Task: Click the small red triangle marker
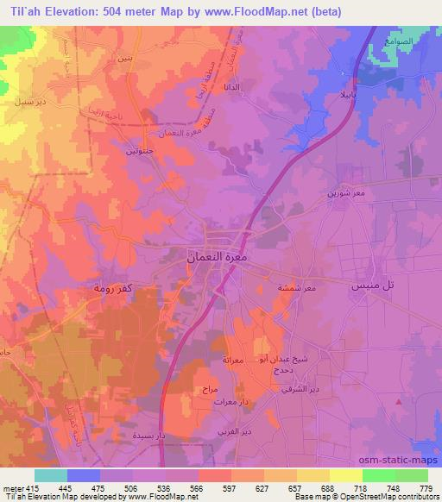point(398,400)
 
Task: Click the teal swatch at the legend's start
point(51,475)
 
